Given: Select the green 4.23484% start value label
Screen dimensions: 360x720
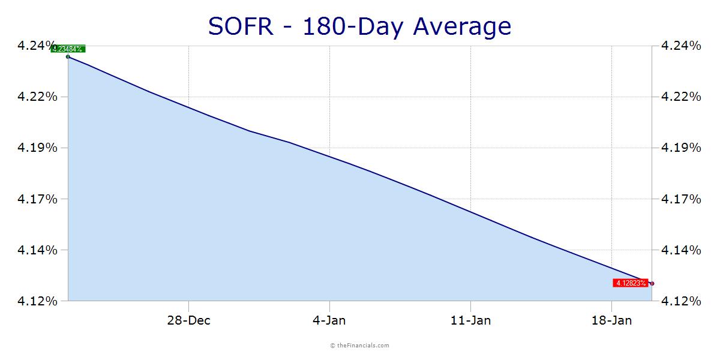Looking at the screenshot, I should pos(68,49).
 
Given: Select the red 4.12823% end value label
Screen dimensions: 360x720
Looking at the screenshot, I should pos(630,283).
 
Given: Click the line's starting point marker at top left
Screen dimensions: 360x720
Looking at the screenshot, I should pos(68,56).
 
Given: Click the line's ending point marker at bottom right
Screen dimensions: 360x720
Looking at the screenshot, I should pos(652,283).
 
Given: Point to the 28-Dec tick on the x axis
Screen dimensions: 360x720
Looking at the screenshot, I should pos(188,320).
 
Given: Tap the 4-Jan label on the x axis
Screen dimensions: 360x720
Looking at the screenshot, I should pos(329,320).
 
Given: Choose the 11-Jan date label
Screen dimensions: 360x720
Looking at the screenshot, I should pos(470,320).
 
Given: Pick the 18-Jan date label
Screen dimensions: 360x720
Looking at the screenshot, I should pos(611,320).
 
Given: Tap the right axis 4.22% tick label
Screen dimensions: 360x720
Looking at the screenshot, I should pos(680,97).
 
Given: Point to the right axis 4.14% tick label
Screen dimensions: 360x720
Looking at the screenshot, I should pos(680,250).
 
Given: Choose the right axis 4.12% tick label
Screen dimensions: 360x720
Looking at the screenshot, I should pos(680,301).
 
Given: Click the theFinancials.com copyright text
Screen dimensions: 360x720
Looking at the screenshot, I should pos(360,346).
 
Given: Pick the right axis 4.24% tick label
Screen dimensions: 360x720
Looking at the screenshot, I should pos(680,46).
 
